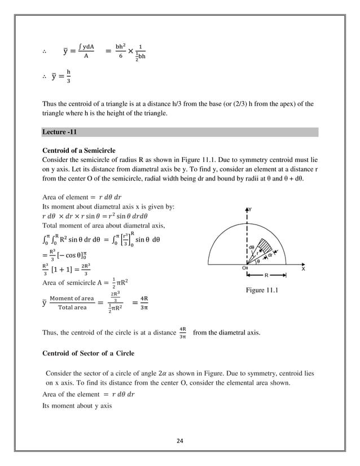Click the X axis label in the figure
pyautogui.click(x=303, y=269)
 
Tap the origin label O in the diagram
pyautogui.click(x=243, y=269)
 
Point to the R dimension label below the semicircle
pyautogui.click(x=267, y=276)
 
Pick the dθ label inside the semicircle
pyautogui.click(x=252, y=247)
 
